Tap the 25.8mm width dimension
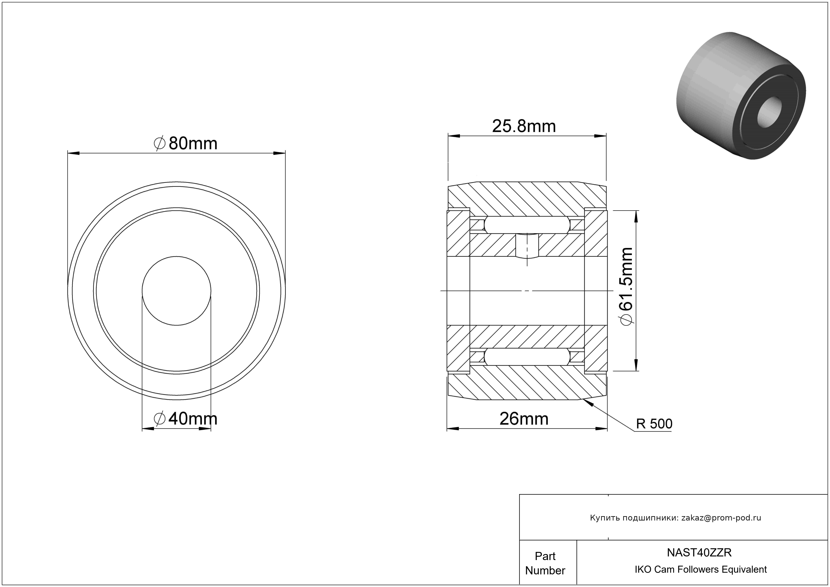coord(524,126)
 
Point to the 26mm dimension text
coord(524,419)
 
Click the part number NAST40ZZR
coord(699,552)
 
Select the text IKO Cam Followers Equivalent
coord(701,569)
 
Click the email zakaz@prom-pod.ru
coord(721,518)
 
